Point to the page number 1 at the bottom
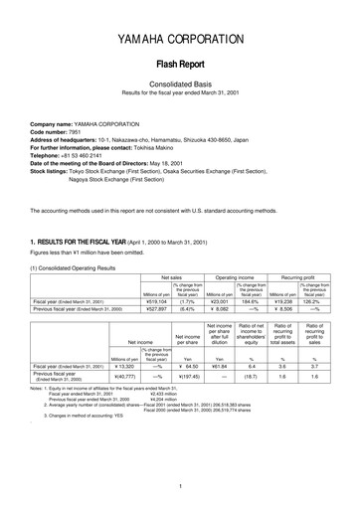click(x=180, y=487)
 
